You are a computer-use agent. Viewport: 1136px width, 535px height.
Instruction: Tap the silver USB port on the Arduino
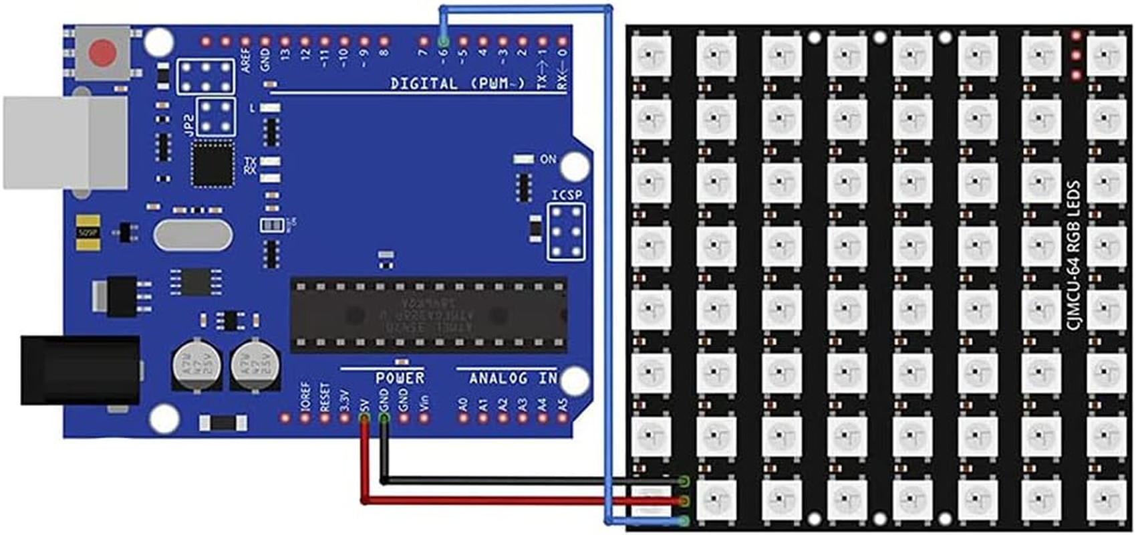[65, 142]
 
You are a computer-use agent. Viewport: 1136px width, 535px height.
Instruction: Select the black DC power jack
[80, 370]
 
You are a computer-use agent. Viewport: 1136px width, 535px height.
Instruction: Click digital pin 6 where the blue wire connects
[443, 41]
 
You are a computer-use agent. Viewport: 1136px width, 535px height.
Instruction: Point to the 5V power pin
[364, 419]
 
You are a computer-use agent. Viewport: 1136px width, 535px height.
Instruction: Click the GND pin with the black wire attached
[384, 419]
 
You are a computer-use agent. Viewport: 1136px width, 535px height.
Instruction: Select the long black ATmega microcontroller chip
[428, 315]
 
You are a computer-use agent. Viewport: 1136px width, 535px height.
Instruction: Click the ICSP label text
[566, 195]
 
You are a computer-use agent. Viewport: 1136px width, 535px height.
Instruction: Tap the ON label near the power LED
[548, 159]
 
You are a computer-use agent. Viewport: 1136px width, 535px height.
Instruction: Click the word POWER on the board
[400, 378]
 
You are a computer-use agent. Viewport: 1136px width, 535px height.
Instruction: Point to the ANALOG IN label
[513, 378]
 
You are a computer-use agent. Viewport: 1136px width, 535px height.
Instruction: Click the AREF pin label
[246, 60]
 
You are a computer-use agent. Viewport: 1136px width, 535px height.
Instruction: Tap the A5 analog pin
[563, 419]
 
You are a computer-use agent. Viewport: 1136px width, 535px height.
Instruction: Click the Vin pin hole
[424, 419]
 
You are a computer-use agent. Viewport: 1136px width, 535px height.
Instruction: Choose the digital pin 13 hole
[285, 41]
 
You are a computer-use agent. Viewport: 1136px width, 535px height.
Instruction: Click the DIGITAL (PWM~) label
[458, 84]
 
